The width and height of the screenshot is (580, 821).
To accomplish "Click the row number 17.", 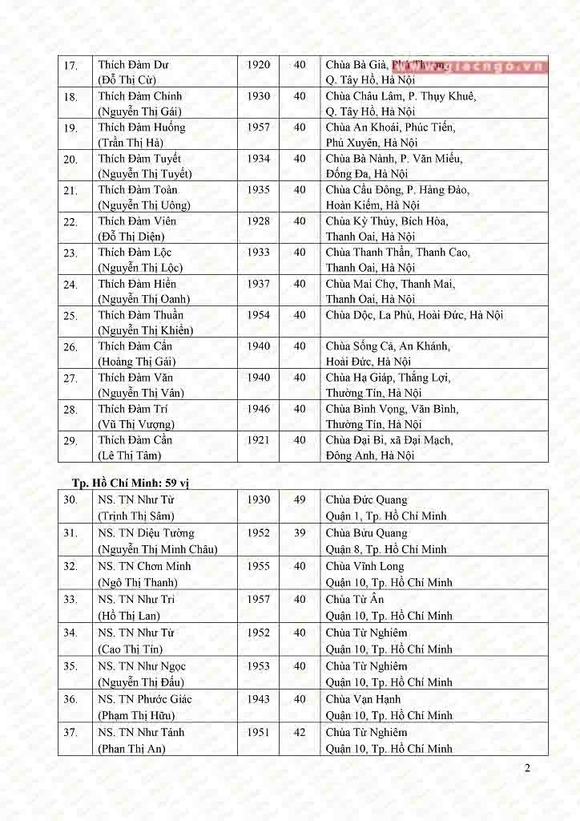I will pyautogui.click(x=70, y=66).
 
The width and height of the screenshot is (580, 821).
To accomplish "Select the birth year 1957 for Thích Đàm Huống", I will pyautogui.click(x=258, y=127).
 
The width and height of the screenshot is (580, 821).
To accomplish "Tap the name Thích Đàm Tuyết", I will pyautogui.click(x=139, y=159).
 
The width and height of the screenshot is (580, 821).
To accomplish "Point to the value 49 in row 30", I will pyautogui.click(x=300, y=500).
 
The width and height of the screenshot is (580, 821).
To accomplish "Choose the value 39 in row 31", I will pyautogui.click(x=300, y=533).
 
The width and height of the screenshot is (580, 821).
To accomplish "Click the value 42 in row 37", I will pyautogui.click(x=300, y=732).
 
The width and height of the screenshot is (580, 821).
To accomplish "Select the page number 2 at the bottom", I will pyautogui.click(x=527, y=768).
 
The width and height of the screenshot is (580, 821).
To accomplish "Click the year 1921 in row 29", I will pyautogui.click(x=258, y=440).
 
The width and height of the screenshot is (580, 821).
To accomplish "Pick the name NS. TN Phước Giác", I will pyautogui.click(x=145, y=699).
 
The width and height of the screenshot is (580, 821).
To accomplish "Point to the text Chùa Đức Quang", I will pyautogui.click(x=366, y=500).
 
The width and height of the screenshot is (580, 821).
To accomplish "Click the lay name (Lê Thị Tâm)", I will pyautogui.click(x=130, y=455).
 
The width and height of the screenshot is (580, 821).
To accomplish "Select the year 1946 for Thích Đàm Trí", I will pyautogui.click(x=258, y=409).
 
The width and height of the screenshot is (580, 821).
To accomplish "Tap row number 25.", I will pyautogui.click(x=70, y=316).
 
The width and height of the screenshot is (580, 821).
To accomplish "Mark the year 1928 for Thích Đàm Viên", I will pyautogui.click(x=258, y=221).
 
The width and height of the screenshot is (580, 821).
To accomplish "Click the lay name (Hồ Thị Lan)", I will pyautogui.click(x=129, y=616).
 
